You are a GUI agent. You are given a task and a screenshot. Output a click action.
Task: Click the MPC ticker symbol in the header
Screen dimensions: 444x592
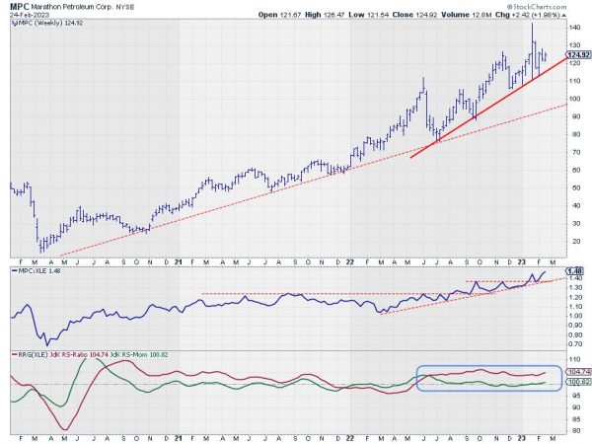click(x=17, y=6)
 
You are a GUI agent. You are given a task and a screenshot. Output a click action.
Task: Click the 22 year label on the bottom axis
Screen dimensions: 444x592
click(x=350, y=435)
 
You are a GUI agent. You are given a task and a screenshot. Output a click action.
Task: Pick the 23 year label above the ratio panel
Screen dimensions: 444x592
click(x=523, y=260)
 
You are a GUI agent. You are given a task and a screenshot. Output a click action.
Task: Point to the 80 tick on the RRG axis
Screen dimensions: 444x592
click(x=575, y=427)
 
